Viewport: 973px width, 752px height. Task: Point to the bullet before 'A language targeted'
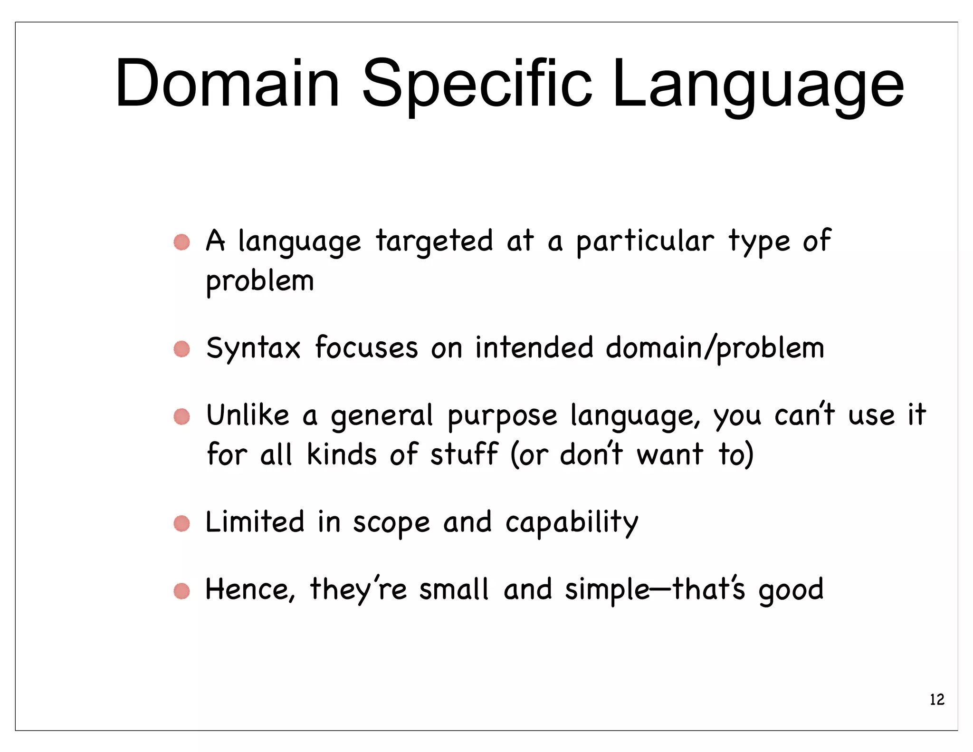(x=181, y=242)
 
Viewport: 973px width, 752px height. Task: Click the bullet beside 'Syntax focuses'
(x=181, y=349)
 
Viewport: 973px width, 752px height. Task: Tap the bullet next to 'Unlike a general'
(x=181, y=416)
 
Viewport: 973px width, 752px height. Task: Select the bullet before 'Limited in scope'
(x=181, y=523)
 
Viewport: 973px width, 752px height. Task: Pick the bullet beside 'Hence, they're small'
(x=181, y=591)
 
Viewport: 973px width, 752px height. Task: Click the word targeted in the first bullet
(x=434, y=242)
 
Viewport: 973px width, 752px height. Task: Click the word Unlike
(x=248, y=415)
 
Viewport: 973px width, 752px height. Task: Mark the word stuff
(x=464, y=454)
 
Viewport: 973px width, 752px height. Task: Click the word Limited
(x=255, y=522)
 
